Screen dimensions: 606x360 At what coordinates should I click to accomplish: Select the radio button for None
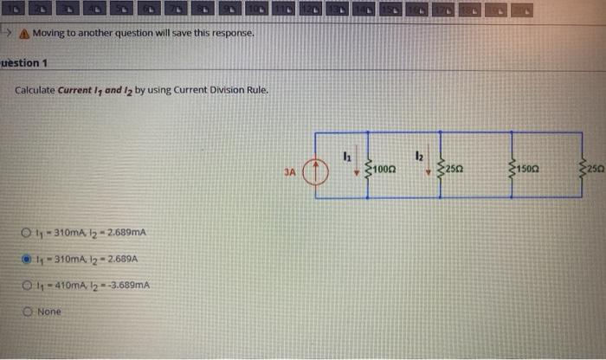[x=27, y=311]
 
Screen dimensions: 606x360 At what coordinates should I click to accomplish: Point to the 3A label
[x=291, y=172]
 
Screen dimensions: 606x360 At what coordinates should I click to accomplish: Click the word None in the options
[x=49, y=312]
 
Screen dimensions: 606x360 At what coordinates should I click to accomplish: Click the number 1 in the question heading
[x=45, y=63]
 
